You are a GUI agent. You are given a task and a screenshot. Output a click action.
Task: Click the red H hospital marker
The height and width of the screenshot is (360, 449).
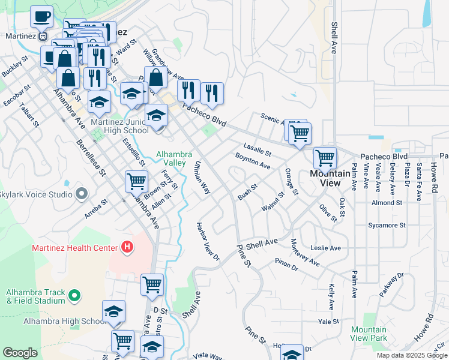[x=127, y=247]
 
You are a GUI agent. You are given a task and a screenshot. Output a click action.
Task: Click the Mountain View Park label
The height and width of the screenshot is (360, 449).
[x=369, y=334]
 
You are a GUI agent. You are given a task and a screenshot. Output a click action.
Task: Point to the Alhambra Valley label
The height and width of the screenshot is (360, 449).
[x=179, y=158]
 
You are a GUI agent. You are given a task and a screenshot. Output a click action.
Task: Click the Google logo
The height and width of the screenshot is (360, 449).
[x=20, y=353]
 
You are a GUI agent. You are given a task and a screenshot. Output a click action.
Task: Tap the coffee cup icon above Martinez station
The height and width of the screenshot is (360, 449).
[x=41, y=16]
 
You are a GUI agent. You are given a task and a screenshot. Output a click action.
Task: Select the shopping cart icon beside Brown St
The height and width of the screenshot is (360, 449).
[x=137, y=180]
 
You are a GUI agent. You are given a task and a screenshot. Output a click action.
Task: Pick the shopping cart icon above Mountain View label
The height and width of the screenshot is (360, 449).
[x=325, y=158]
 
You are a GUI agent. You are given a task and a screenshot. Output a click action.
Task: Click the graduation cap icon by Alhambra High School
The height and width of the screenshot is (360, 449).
[x=113, y=311]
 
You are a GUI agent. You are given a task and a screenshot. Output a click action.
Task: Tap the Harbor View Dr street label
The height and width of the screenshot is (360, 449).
[x=208, y=241]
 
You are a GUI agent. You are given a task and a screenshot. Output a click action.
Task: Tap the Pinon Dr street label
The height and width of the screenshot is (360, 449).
[x=286, y=265]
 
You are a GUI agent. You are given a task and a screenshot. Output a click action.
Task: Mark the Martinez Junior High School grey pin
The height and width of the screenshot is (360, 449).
[x=157, y=118]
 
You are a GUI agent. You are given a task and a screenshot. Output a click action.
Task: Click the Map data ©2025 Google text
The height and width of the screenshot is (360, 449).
[x=412, y=355]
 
